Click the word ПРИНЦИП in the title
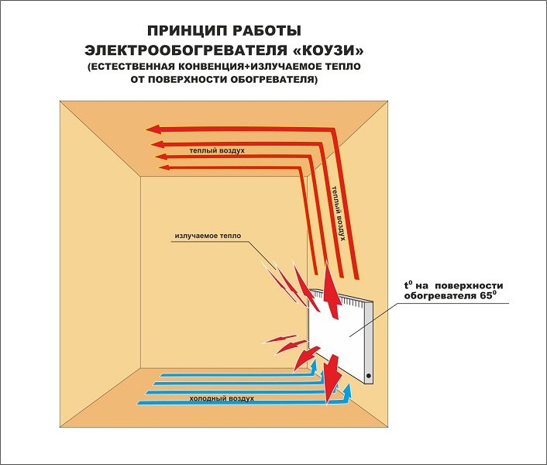pyautogui.click(x=185, y=31)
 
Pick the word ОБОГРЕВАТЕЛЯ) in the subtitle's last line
pyautogui.click(x=273, y=80)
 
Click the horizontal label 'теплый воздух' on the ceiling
pyautogui.click(x=217, y=150)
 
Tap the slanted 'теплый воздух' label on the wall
pyautogui.click(x=339, y=213)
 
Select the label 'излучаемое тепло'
pyautogui.click(x=208, y=236)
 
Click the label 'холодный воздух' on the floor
pyautogui.click(x=222, y=398)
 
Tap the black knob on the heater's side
pyautogui.click(x=368, y=376)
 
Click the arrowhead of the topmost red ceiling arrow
pyautogui.click(x=153, y=130)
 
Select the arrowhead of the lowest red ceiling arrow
pyautogui.click(x=163, y=168)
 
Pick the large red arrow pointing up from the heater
pyautogui.click(x=331, y=290)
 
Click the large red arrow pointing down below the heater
pyautogui.click(x=332, y=379)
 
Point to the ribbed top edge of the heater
pyautogui.click(x=342, y=298)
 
